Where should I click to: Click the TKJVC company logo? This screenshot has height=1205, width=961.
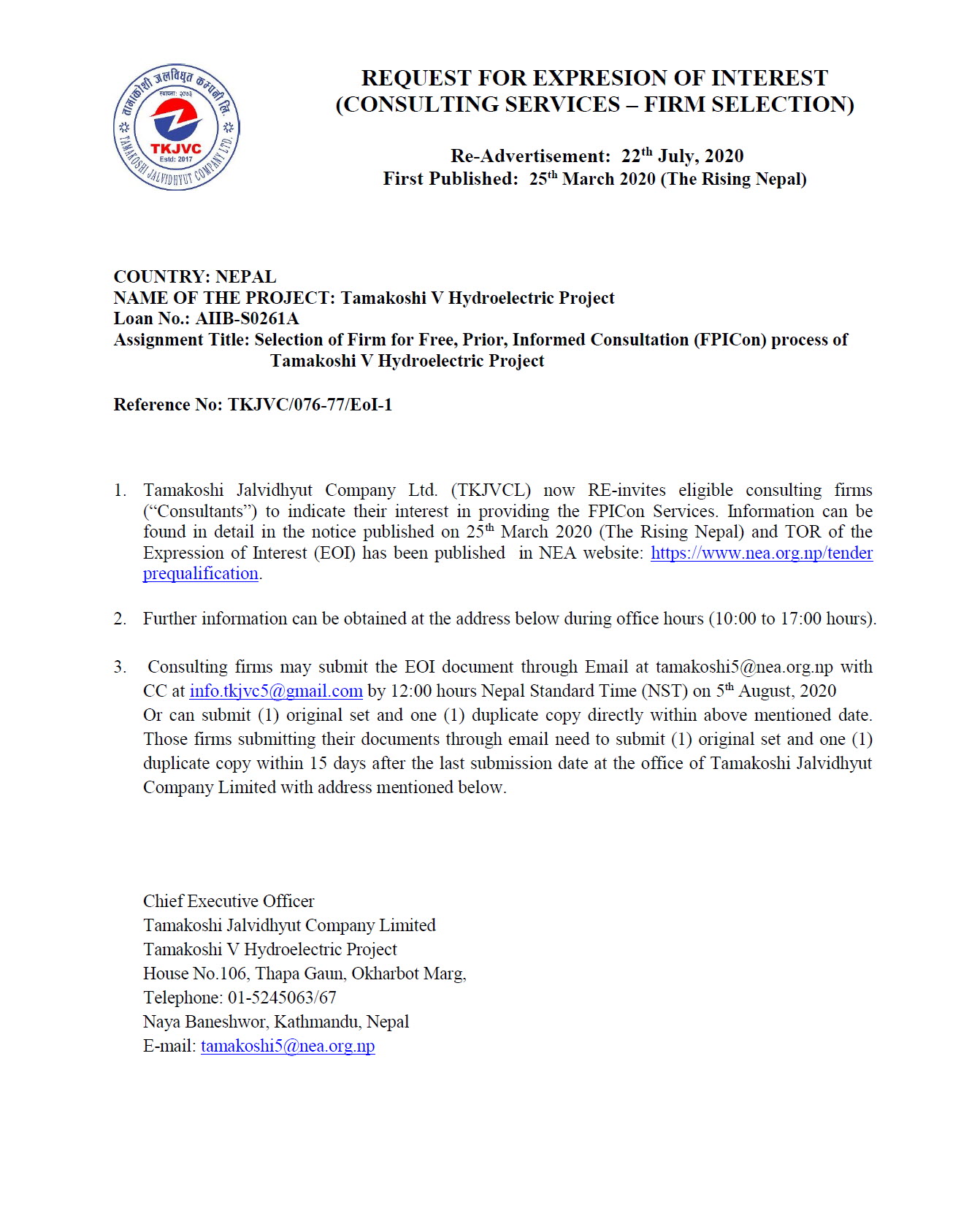click(177, 127)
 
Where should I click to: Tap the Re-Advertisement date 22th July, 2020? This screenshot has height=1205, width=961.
click(682, 156)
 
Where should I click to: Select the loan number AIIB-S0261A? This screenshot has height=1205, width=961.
click(247, 318)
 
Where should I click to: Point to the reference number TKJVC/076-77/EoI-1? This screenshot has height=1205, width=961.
click(310, 405)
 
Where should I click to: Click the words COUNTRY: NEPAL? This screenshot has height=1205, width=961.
click(195, 277)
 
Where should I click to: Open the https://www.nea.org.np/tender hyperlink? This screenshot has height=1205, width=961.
click(761, 553)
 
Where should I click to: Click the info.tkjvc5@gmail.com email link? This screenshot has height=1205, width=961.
click(276, 691)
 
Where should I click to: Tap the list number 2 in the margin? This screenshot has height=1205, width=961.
click(120, 619)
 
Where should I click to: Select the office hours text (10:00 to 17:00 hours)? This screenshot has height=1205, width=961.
click(792, 619)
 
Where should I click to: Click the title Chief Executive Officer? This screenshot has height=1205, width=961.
click(229, 901)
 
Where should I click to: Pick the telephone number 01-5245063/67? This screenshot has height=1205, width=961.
click(282, 998)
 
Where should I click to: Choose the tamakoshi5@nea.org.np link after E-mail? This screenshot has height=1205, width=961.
click(288, 1046)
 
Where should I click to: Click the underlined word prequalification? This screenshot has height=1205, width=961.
click(201, 574)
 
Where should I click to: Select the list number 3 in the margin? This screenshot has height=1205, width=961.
click(120, 667)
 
